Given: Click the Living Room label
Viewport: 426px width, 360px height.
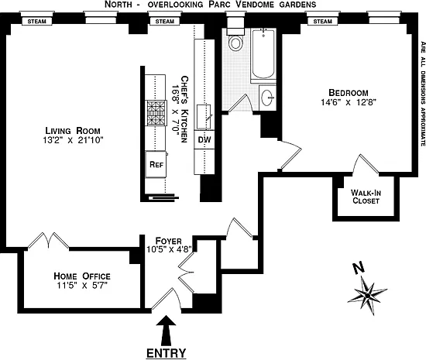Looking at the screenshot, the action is point(73,131).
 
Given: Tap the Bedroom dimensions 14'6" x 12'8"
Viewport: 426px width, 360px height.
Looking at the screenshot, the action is point(349,102).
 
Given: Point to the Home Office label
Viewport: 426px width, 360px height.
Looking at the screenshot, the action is point(82,276).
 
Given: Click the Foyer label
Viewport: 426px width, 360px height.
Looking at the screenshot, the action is point(168,241).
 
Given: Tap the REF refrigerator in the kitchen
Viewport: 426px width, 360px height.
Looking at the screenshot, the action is point(156,165).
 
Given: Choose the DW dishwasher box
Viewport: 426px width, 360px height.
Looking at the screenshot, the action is point(204,140).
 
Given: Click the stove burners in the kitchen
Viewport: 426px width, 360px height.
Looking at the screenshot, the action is point(156,113).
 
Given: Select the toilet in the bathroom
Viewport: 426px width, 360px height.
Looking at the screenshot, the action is point(235,40).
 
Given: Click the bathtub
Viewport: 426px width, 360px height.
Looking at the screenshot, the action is point(263,53).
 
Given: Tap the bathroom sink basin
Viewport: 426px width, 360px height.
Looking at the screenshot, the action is point(268,98).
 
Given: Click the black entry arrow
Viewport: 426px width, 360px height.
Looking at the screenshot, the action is point(167,330).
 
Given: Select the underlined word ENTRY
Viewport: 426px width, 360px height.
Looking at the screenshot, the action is point(167,354).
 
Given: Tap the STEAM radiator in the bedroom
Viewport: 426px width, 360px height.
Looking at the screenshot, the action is point(322,21).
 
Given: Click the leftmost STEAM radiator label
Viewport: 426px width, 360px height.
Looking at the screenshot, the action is point(36,21).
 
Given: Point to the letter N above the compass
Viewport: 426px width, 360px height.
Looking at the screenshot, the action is point(359,268).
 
